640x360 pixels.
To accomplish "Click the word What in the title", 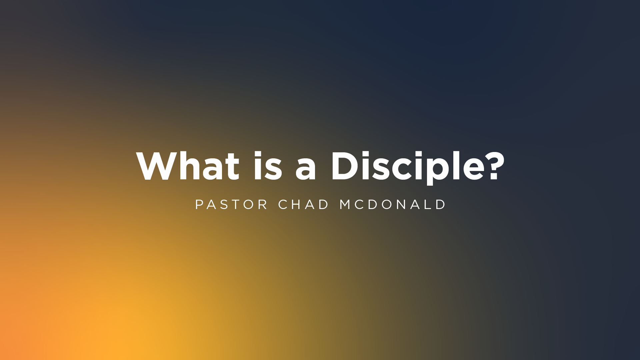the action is pos(188,166).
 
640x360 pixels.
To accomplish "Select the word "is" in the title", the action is pos(268,165).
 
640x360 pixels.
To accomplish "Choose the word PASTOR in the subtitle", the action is pos(231,204).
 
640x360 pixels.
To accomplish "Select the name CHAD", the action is pos(304,204).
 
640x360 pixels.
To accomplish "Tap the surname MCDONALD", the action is pos(392,204).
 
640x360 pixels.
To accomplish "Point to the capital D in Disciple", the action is pos(345,166).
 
